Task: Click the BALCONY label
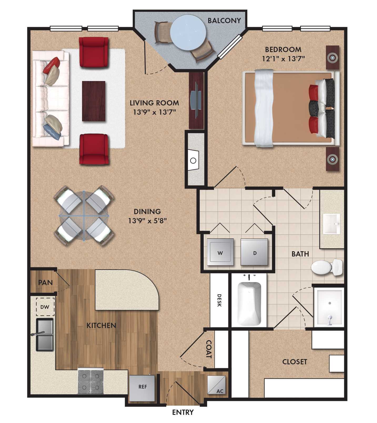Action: (224, 21)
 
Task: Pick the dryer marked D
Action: (254, 253)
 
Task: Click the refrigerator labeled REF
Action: (142, 387)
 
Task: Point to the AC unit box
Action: (217, 385)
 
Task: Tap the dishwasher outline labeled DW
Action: (45, 307)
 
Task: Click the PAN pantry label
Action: (46, 283)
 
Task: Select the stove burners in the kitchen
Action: (91, 381)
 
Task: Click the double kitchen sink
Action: (45, 335)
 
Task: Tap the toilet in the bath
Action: (326, 268)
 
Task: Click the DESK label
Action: (219, 300)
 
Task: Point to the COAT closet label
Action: (209, 349)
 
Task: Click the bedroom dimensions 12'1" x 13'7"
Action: (283, 58)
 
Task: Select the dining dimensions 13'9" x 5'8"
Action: (148, 220)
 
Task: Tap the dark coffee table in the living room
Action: (94, 101)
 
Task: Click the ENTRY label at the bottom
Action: (183, 412)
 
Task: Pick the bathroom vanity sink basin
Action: (331, 224)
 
